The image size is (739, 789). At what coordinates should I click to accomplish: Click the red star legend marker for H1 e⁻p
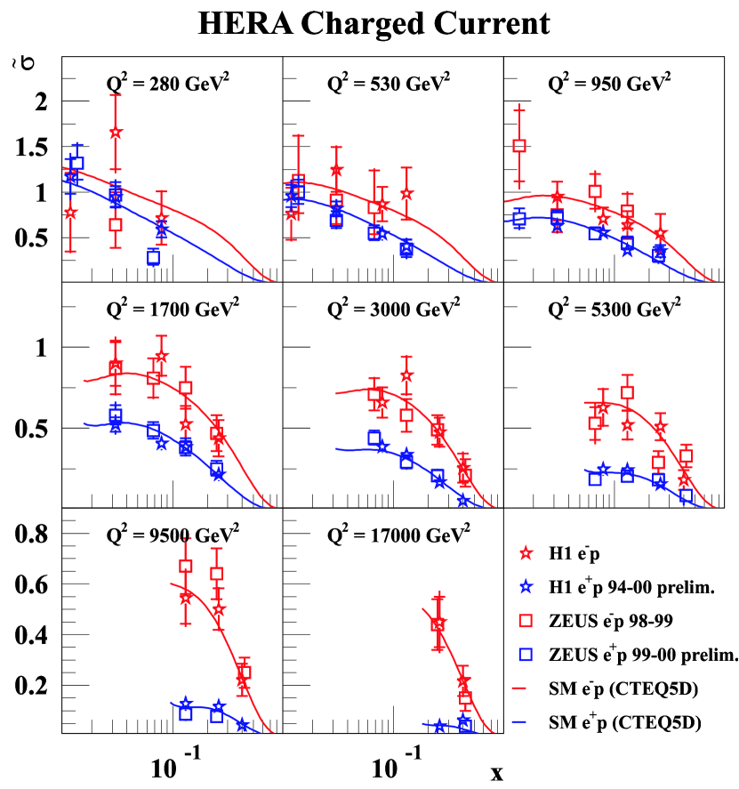(526, 553)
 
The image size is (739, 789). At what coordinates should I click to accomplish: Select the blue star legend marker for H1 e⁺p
(526, 587)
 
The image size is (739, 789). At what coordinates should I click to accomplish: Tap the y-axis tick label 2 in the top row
(40, 101)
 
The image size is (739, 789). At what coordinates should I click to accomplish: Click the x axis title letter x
(497, 772)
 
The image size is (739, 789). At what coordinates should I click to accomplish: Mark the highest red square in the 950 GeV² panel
(520, 146)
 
